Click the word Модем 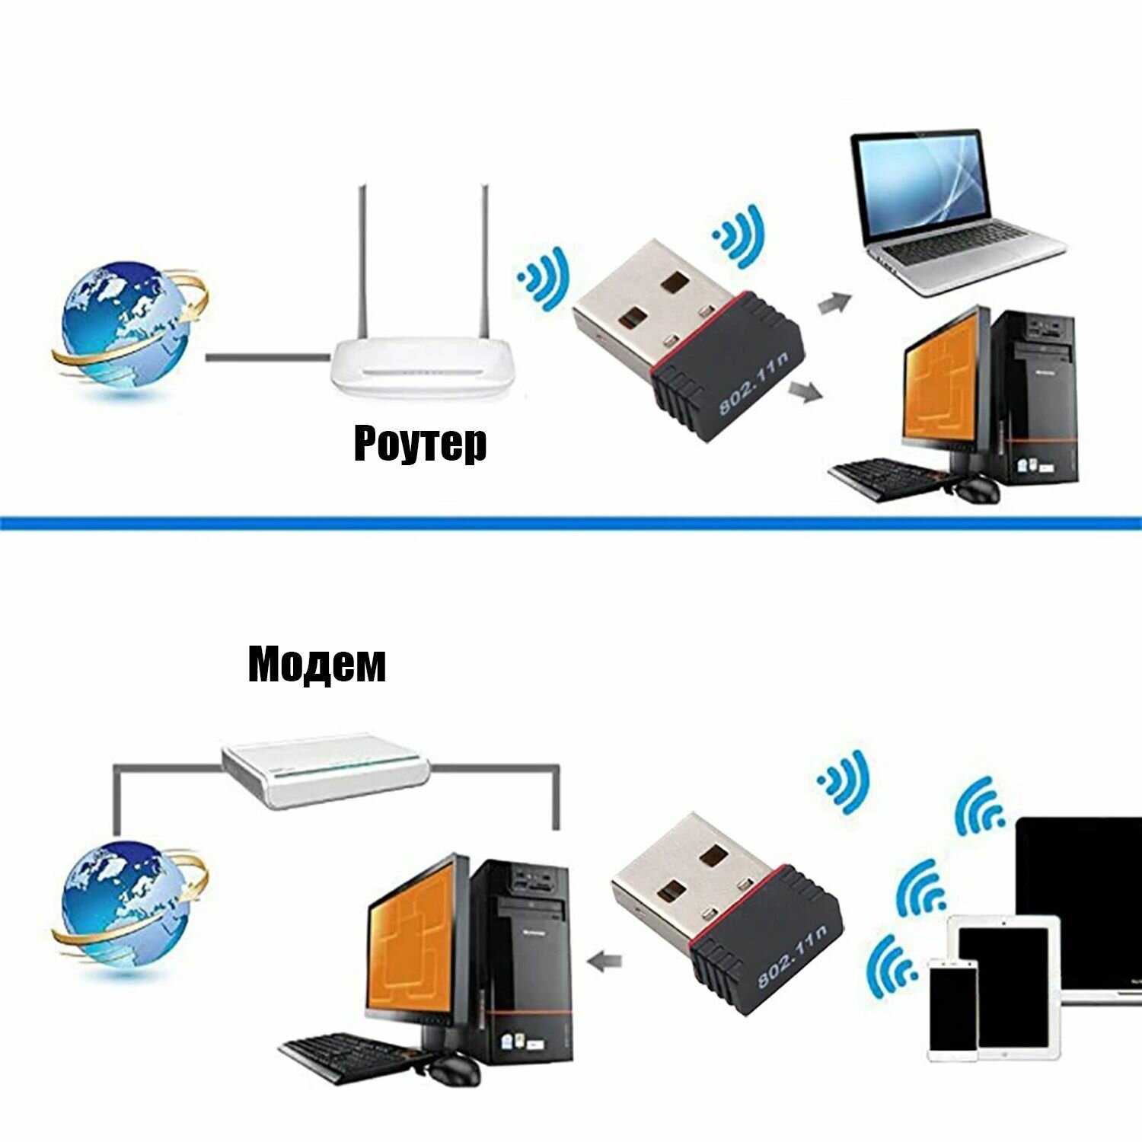coord(317,664)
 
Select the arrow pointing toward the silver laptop coord(835,302)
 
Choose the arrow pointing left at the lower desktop coord(605,962)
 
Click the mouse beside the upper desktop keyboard coord(977,489)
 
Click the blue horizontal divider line coord(571,523)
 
